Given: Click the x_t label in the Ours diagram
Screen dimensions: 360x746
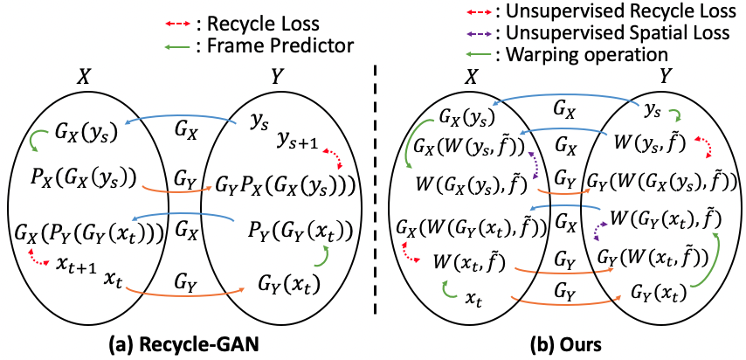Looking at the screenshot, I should point(473,300).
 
